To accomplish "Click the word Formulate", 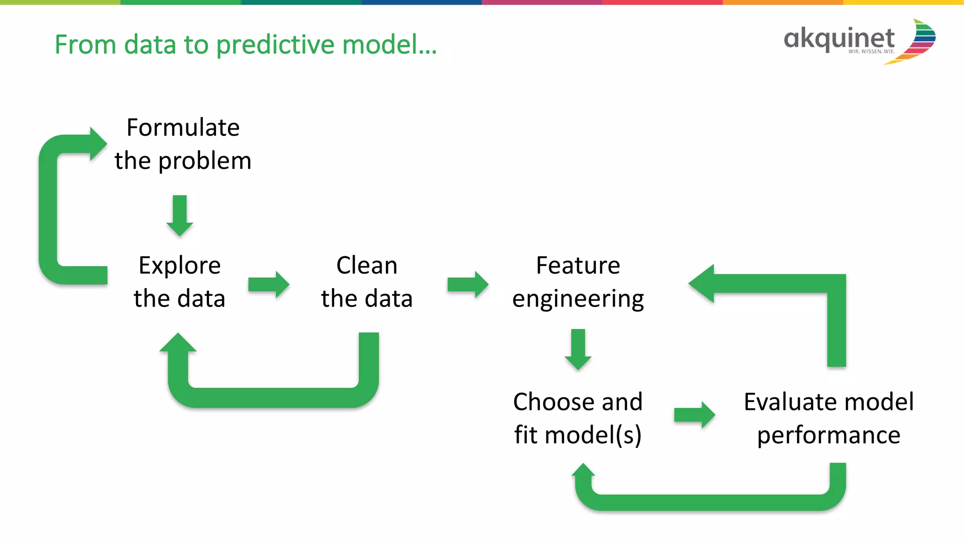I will click(x=183, y=128).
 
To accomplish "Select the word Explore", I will click(x=179, y=266).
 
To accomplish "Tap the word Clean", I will click(x=367, y=266).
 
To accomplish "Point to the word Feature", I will click(x=578, y=266).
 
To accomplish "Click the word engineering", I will click(x=578, y=299).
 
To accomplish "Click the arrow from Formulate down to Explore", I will click(x=180, y=215).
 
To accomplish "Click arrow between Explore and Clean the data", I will click(x=269, y=284).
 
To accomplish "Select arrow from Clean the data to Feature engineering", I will click(x=468, y=284).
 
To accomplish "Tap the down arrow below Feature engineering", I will click(x=578, y=349).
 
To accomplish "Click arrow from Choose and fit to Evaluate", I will click(x=695, y=415).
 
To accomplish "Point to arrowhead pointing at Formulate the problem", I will click(x=97, y=144).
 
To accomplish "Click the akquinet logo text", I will click(x=839, y=39).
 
